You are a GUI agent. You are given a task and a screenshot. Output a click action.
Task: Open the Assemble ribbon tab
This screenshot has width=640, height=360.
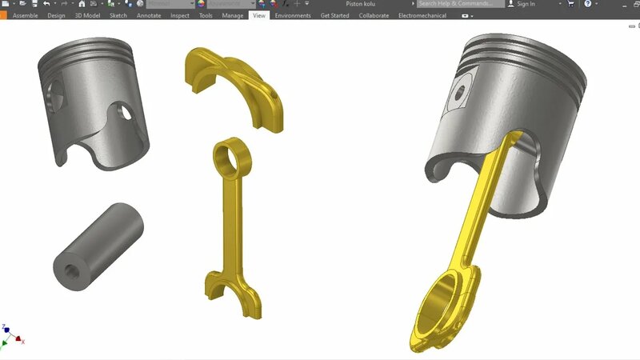pyautogui.click(x=25, y=15)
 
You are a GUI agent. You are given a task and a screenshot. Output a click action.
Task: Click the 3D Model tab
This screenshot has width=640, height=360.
pyautogui.click(x=87, y=15)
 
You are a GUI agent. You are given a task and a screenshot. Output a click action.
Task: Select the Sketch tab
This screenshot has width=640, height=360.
pyautogui.click(x=118, y=15)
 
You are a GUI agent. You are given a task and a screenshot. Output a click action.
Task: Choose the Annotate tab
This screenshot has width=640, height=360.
pyautogui.click(x=149, y=15)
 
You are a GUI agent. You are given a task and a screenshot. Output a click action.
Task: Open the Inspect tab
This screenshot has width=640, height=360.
pyautogui.click(x=180, y=15)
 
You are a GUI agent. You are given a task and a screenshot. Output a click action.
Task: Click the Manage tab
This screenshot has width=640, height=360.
pyautogui.click(x=233, y=15)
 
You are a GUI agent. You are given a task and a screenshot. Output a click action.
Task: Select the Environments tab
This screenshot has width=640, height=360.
pyautogui.click(x=293, y=15)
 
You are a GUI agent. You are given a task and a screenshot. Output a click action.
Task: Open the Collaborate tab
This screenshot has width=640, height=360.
pyautogui.click(x=374, y=15)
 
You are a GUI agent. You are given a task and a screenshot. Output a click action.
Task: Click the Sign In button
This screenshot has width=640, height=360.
pyautogui.click(x=526, y=4)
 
